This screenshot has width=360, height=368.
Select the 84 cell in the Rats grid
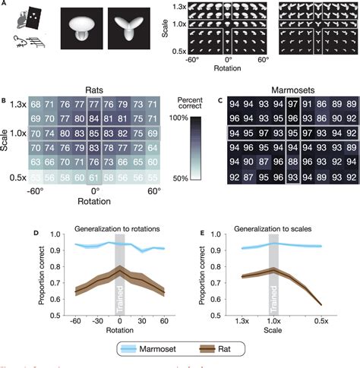coord(93,118)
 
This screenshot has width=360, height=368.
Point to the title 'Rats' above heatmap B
coord(94,89)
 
